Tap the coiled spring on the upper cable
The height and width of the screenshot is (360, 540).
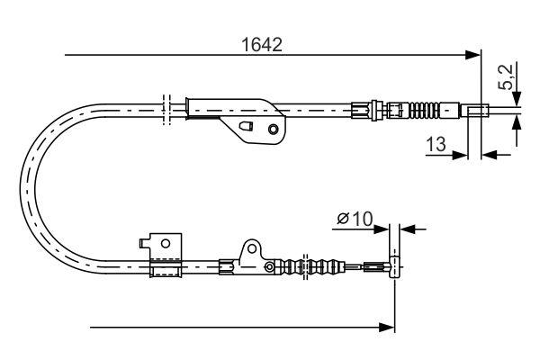[x=430, y=112]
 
